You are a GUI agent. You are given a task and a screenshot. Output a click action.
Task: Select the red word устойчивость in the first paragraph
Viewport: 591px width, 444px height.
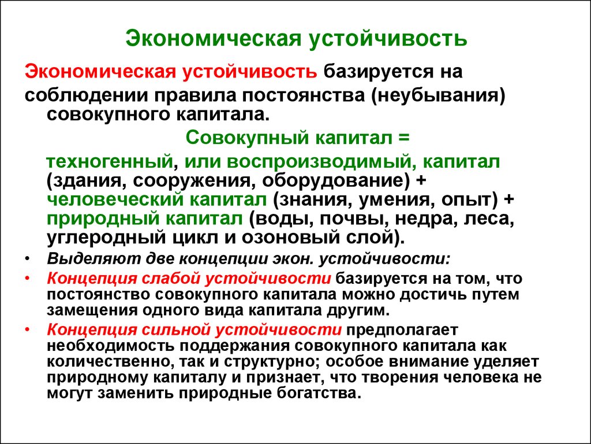pos(250,72)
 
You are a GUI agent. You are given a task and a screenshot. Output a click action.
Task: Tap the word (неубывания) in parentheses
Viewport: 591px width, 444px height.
pos(439,95)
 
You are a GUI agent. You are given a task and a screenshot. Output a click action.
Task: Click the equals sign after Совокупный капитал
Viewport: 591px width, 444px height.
pos(403,138)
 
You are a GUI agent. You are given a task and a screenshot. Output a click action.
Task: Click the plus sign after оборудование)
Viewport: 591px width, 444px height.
pos(421,181)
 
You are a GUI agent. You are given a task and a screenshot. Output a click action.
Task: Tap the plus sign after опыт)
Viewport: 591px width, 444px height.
pos(508,199)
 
